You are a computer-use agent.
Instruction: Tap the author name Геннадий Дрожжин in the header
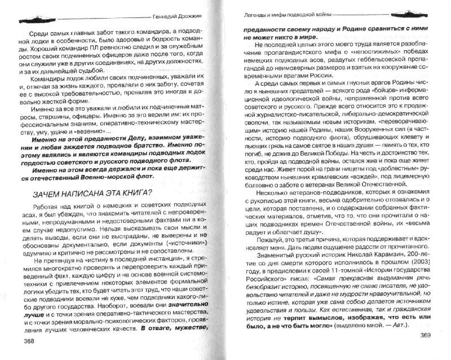pyautogui.click(x=180, y=17)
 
